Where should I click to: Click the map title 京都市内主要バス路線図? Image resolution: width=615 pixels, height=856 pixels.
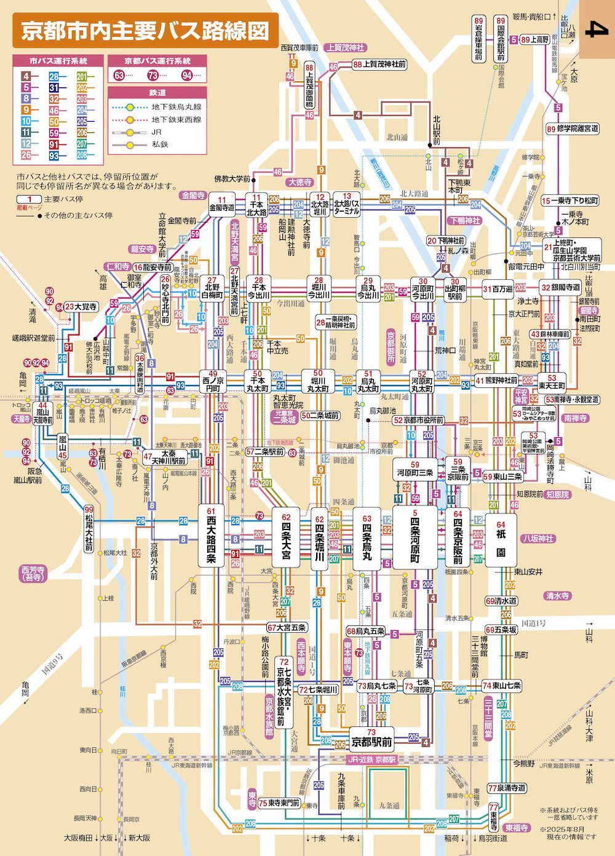[x=145, y=31]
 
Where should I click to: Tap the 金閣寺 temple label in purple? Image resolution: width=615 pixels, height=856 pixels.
[x=192, y=196]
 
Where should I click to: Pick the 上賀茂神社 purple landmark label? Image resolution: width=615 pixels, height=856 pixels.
[x=346, y=47]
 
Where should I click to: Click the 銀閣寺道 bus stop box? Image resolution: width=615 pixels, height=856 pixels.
[x=560, y=287]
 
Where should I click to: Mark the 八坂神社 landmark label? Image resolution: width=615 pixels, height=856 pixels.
[x=537, y=539]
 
